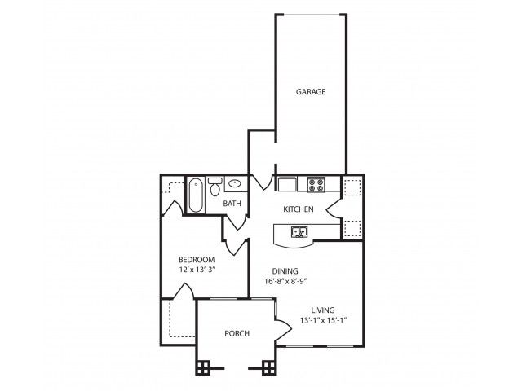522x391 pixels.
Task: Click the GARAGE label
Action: pos(310,92)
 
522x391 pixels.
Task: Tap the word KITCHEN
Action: pos(298,209)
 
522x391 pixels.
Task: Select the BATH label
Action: pos(232,204)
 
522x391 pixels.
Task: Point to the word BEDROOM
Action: pos(196,259)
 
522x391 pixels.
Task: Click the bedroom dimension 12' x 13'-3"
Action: pos(196,270)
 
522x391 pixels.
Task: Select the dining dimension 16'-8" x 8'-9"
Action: pos(285,282)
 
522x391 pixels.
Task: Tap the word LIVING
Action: pos(324,309)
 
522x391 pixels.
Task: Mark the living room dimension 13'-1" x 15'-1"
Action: pos(324,319)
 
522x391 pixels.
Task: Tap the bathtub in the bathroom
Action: pos(196,196)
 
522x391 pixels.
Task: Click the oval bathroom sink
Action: pos(235,184)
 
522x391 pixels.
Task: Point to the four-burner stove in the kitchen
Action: pos(315,184)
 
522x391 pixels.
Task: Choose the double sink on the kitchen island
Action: pos(299,233)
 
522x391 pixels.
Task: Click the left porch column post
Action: pos(203,367)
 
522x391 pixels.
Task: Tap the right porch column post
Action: pos(268,367)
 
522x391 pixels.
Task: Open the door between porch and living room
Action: pos(283,330)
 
